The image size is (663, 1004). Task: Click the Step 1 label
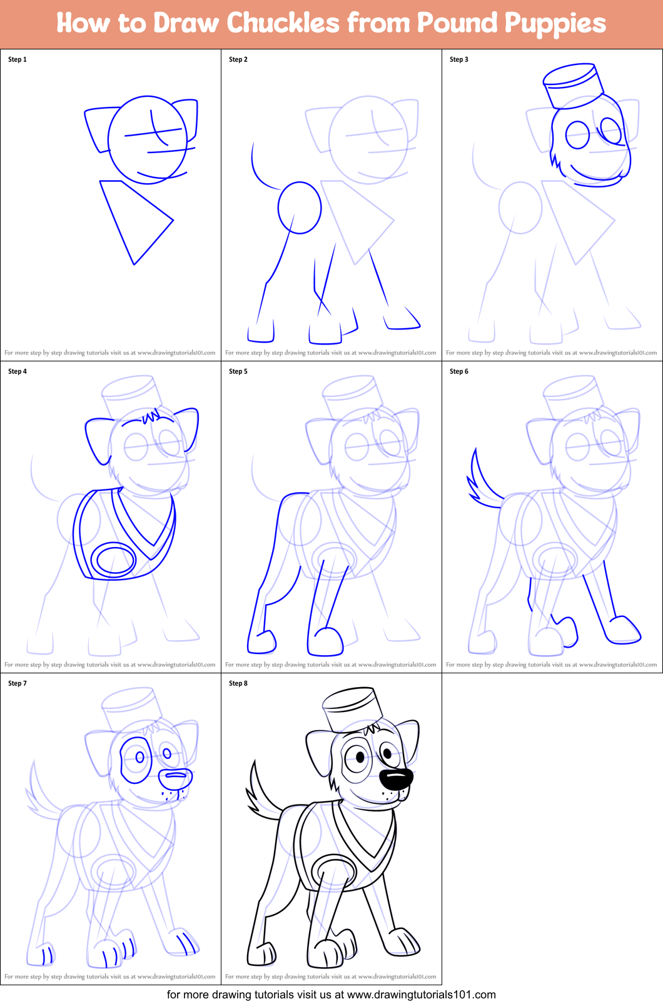18,59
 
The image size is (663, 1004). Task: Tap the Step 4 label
18,371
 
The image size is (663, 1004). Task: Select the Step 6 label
459,371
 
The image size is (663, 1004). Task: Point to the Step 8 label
238,683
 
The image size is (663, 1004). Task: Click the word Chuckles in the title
283,23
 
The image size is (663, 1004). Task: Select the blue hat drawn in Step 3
574,84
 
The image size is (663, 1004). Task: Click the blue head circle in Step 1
148,139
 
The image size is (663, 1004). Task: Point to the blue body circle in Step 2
300,208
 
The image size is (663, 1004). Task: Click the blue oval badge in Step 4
113,560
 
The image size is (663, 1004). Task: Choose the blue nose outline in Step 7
176,778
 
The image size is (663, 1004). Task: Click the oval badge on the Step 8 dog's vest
334,871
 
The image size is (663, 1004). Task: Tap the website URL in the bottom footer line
421,995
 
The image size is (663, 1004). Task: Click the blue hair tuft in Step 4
151,416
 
